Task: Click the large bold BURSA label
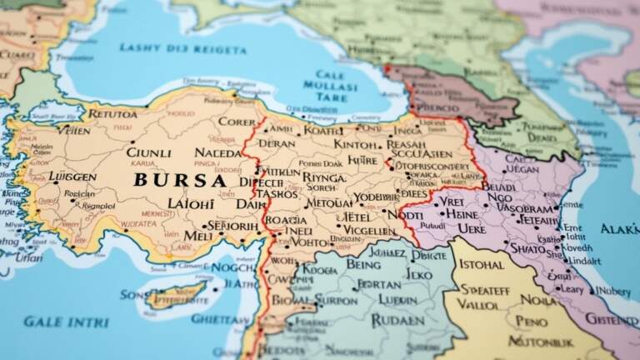pos(179,180)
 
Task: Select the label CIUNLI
pos(147,152)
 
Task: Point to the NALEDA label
pos(217,152)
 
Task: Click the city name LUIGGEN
pos(72,177)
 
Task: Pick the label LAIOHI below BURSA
pos(191,203)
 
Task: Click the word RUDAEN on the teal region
pos(397,319)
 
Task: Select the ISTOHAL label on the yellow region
pos(482,265)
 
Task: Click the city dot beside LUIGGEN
pos(50,177)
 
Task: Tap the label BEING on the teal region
pos(363,264)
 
